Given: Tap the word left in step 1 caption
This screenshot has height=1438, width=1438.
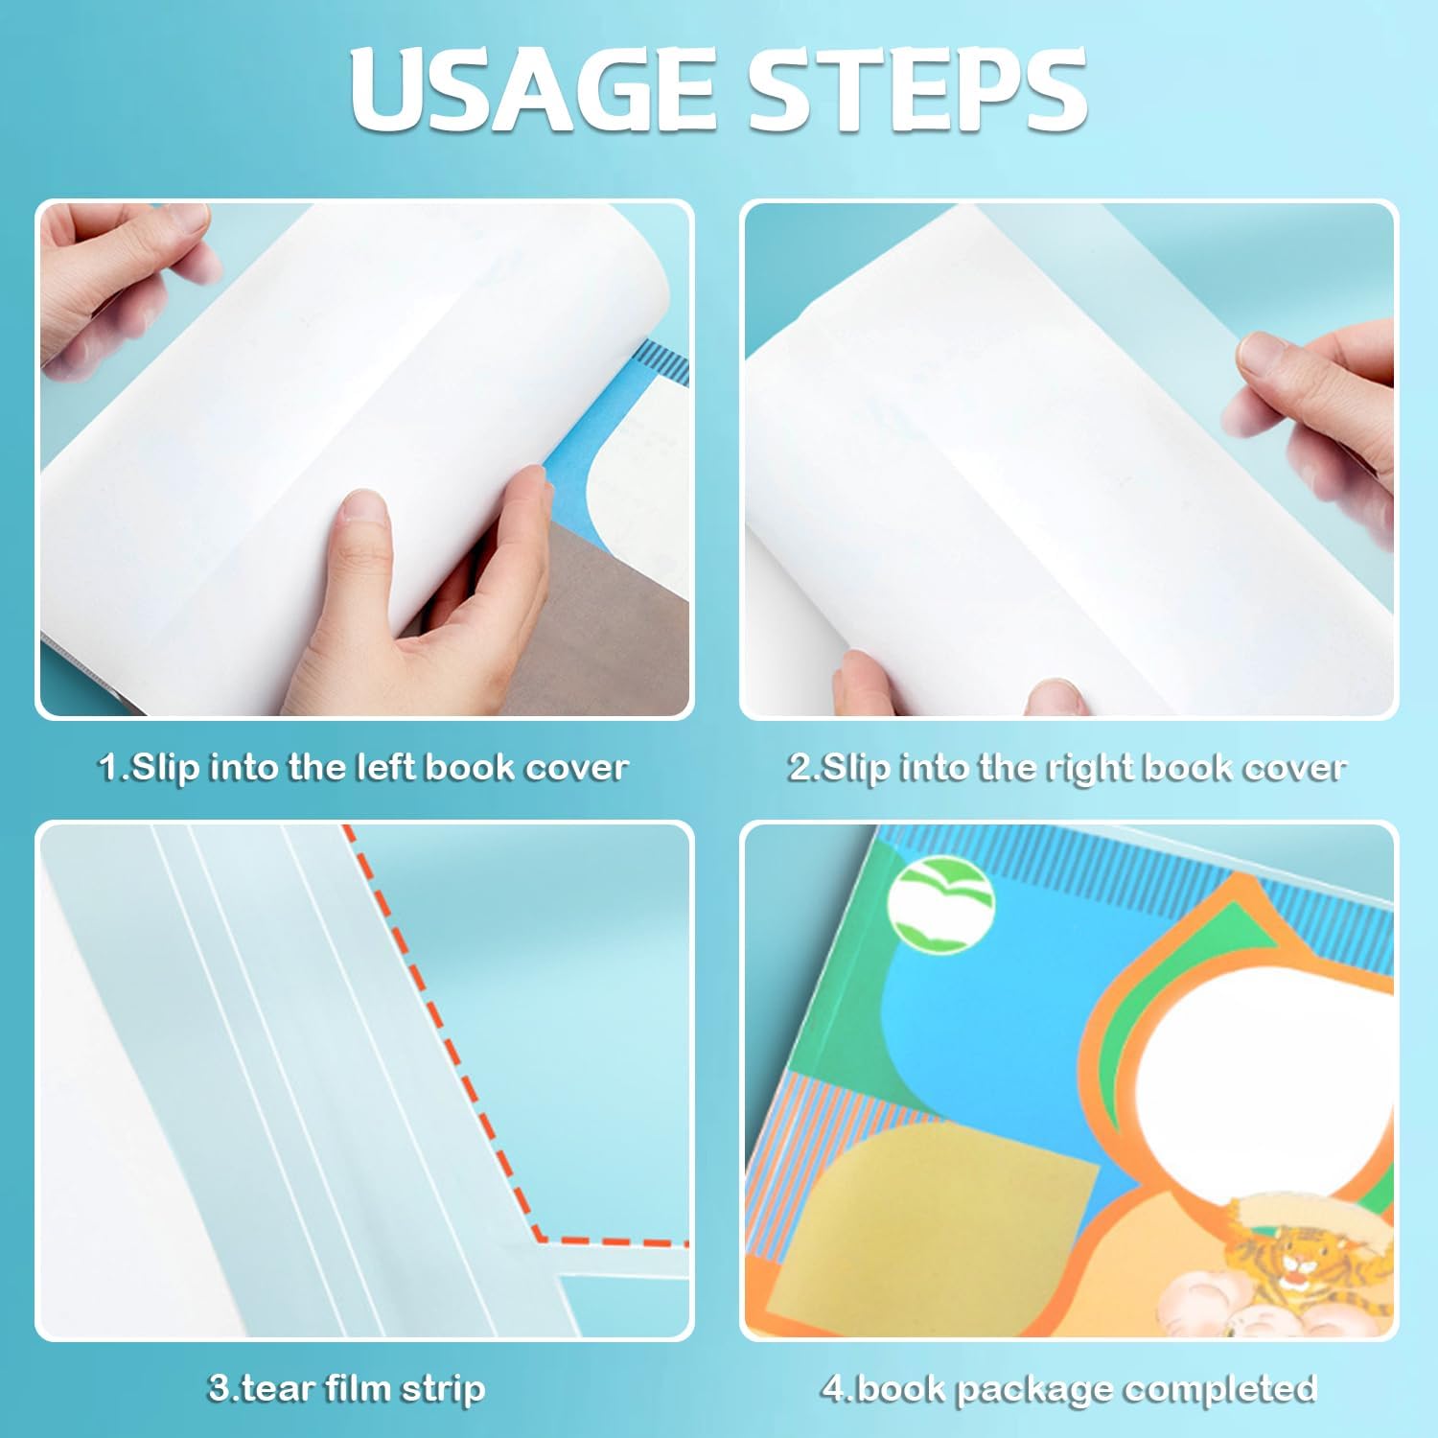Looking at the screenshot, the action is click(x=387, y=767).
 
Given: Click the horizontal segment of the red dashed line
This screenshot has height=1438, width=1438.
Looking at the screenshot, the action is click(x=614, y=1241).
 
